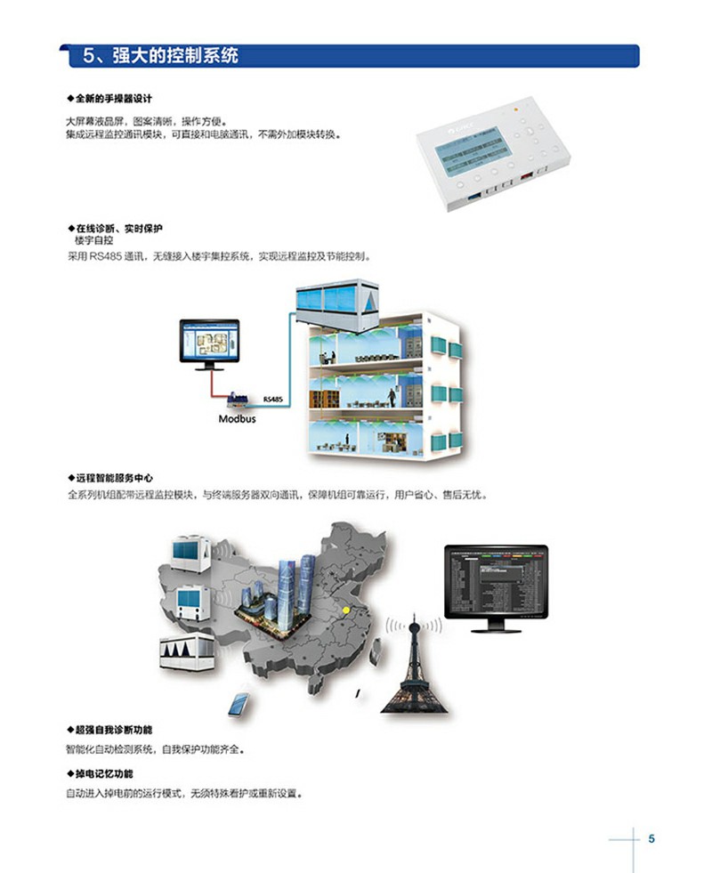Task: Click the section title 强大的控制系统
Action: [174, 56]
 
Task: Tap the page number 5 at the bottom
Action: [651, 838]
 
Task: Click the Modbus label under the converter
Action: [237, 417]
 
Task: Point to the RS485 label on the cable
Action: [272, 400]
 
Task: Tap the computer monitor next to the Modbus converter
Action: [209, 344]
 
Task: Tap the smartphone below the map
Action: [239, 706]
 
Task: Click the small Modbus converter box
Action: [239, 400]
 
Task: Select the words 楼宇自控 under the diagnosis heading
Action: [93, 241]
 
